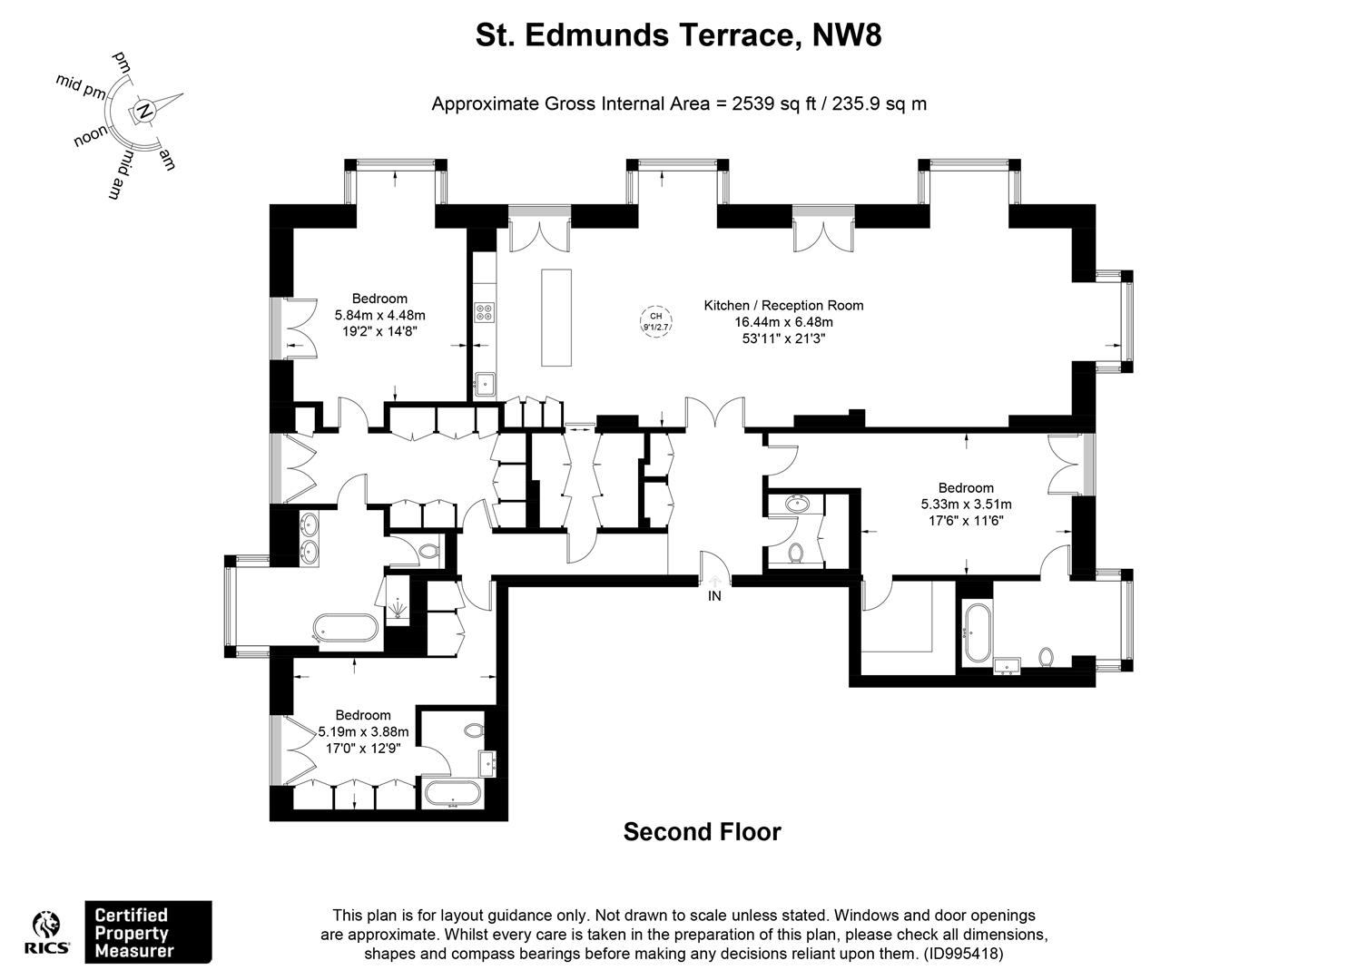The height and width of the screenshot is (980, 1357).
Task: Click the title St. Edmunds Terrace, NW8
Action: (x=678, y=35)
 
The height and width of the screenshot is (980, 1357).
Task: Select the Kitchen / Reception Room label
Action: (x=783, y=305)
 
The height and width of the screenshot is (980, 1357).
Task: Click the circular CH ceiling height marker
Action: (x=655, y=321)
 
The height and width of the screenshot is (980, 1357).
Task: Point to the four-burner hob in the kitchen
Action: (x=485, y=312)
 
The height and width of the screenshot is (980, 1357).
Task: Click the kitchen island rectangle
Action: (x=556, y=318)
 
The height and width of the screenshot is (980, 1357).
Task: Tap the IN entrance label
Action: (x=714, y=596)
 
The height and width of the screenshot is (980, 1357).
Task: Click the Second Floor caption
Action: (x=703, y=832)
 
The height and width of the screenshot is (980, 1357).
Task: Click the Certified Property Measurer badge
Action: (x=149, y=932)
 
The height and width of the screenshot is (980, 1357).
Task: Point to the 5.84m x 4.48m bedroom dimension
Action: (x=379, y=315)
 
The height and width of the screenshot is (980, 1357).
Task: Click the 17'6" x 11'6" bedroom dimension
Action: (x=966, y=520)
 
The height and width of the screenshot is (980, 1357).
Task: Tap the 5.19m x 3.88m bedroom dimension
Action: (x=363, y=731)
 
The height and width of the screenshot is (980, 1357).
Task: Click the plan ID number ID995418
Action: (x=963, y=954)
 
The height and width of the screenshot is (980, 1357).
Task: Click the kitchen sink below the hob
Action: (x=485, y=384)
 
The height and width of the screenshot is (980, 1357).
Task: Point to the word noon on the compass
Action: (x=91, y=136)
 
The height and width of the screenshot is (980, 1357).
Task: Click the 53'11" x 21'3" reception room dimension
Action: (x=784, y=338)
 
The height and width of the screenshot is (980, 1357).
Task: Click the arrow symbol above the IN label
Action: (x=715, y=580)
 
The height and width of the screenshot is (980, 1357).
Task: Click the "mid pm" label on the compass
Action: (x=81, y=86)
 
